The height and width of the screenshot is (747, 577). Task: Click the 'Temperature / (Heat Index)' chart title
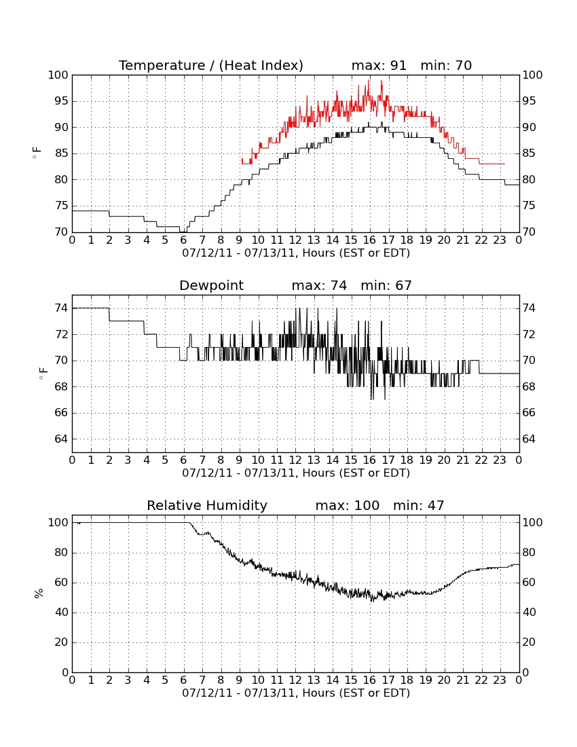(211, 65)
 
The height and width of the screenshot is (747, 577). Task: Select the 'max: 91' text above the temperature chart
(379, 65)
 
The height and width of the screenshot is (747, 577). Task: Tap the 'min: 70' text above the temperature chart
(446, 65)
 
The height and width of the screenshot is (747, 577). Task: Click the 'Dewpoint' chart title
(211, 285)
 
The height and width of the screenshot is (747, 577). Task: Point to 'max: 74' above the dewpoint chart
(320, 285)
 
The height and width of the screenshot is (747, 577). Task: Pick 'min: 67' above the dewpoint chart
(386, 285)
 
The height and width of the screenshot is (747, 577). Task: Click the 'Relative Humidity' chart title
(207, 505)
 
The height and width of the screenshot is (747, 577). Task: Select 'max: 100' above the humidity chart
(348, 505)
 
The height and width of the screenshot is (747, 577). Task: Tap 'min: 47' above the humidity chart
(418, 505)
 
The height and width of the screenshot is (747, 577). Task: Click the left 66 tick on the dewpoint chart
(61, 413)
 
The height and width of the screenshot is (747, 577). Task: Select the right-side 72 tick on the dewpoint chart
(528, 334)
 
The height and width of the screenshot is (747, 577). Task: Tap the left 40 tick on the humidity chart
(62, 612)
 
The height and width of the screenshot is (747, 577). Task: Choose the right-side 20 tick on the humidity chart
(529, 642)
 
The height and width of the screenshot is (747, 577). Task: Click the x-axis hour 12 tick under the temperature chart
(295, 240)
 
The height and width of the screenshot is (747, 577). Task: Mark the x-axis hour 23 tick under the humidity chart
(500, 680)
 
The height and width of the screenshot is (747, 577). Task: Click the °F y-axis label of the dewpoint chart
(43, 373)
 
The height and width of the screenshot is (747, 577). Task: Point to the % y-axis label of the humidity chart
(39, 593)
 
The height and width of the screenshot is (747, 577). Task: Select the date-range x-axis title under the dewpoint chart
(296, 473)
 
